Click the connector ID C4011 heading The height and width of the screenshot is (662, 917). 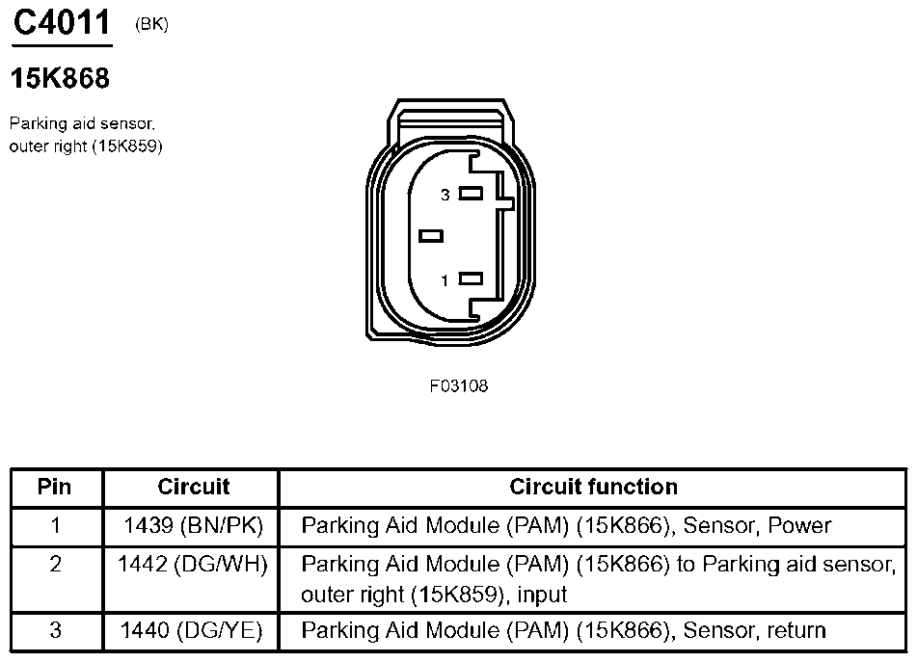[63, 23]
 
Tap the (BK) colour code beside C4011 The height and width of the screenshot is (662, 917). [152, 25]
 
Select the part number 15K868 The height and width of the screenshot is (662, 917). [60, 79]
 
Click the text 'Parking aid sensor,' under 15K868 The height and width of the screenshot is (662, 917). [81, 123]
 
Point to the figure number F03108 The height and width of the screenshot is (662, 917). [459, 385]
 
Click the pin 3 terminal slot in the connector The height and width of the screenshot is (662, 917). [471, 193]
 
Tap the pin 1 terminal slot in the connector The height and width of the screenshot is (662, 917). [471, 279]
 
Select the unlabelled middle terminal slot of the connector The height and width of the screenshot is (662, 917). [431, 235]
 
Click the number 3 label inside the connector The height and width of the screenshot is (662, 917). [445, 195]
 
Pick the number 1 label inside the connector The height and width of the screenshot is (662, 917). [445, 281]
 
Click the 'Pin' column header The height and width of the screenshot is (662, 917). [55, 487]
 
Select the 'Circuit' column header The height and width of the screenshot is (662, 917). [193, 487]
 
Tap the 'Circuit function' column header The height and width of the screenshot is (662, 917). [593, 487]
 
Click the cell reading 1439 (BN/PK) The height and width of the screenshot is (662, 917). [193, 526]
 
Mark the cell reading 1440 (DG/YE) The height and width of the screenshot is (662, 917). [193, 631]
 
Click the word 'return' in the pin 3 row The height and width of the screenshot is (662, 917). [793, 631]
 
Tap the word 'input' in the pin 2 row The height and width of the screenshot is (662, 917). [541, 595]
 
